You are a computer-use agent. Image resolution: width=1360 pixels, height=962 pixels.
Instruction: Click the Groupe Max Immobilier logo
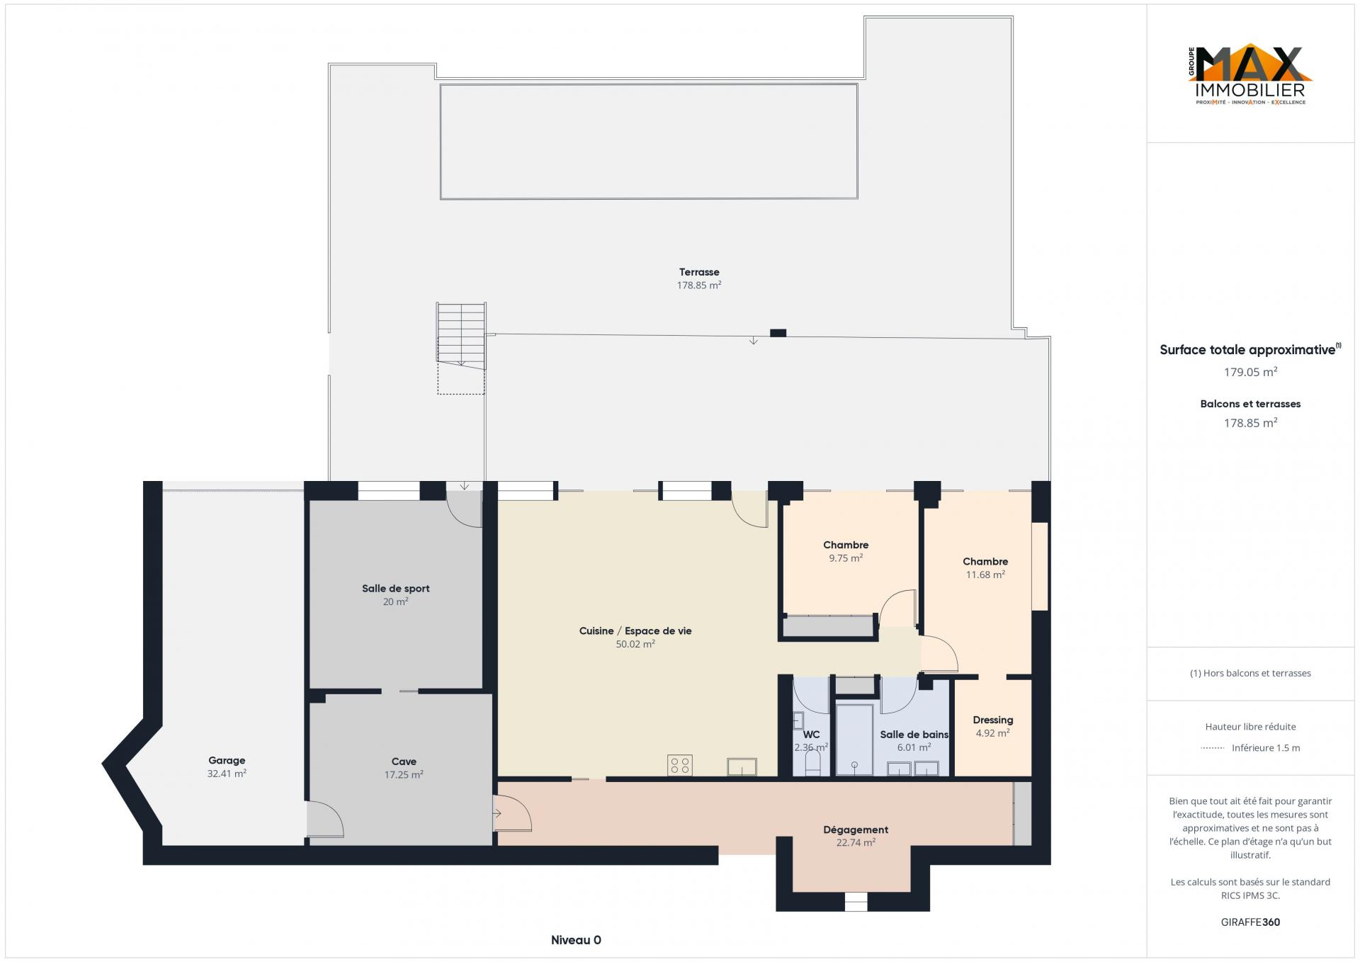[1250, 76]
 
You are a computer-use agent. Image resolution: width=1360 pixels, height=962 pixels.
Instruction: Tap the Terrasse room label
[699, 272]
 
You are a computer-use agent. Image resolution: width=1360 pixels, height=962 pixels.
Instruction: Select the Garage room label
[227, 760]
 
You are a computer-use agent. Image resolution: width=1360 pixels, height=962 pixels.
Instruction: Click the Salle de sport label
[395, 589]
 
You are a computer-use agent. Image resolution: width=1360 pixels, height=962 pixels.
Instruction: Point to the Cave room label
[404, 762]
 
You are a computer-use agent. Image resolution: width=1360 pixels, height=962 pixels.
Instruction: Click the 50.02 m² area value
[635, 644]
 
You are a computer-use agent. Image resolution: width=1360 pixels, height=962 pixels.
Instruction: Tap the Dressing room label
[992, 720]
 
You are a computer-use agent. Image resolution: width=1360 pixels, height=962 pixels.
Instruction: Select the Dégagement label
[856, 830]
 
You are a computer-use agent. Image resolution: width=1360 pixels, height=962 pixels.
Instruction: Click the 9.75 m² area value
[846, 558]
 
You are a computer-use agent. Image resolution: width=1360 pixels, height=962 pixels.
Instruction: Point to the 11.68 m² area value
[985, 575]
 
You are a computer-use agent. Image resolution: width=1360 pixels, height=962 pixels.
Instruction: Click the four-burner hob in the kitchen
[680, 765]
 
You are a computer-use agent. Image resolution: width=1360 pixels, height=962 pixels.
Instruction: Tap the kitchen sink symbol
[742, 767]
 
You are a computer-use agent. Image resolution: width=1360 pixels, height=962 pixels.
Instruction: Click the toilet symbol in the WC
[812, 763]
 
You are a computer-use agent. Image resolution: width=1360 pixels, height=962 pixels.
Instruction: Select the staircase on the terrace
[461, 336]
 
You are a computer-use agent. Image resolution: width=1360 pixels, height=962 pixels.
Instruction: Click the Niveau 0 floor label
[576, 940]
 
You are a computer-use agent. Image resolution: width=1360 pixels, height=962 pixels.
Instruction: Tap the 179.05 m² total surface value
[1250, 372]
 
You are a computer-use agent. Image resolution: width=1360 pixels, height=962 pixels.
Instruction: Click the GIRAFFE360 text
[1250, 922]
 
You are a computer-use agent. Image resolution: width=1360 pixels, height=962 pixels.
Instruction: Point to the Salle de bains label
[914, 735]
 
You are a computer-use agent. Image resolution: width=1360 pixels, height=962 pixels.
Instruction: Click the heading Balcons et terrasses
[1250, 404]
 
